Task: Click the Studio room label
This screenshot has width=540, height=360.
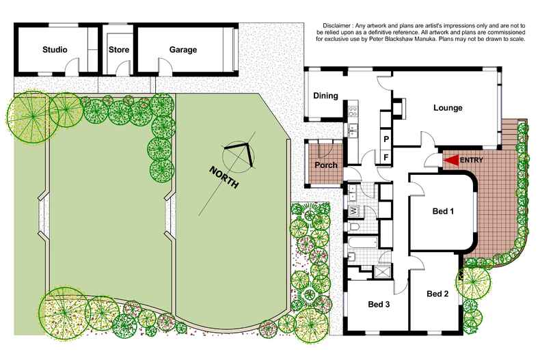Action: coord(55,50)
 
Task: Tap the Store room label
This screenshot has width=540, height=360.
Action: coord(119,50)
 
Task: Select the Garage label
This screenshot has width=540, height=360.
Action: coord(183,50)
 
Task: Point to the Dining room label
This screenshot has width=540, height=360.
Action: coord(325,96)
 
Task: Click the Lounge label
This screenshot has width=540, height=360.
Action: coord(448,108)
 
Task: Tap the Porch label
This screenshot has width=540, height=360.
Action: coord(326,165)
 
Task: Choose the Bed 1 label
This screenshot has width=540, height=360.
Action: coord(443,211)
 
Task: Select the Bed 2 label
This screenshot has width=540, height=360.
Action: coord(437,294)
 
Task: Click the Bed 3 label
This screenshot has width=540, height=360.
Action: coord(379,304)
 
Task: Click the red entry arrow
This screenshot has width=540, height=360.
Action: coord(451,161)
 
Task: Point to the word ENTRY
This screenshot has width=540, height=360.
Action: coord(472,160)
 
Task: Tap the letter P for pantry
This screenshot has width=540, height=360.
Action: coord(386,139)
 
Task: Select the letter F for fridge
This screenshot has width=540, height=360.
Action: coord(386,157)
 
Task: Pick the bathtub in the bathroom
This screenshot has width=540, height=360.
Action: coord(363,242)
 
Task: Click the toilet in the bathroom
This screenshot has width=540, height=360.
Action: coord(354,227)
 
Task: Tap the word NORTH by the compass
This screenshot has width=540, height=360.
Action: coord(224,178)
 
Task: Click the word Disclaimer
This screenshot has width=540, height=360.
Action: coord(336,25)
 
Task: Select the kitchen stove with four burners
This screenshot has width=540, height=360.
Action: coord(353,111)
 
